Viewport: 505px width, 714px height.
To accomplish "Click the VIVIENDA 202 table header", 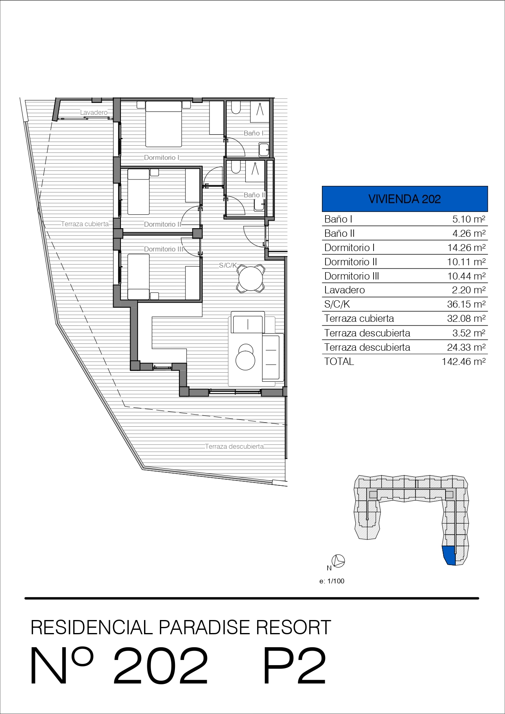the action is (404, 199).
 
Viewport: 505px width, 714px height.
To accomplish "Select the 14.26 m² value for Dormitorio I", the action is (466, 248).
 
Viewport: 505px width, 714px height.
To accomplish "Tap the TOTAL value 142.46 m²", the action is (464, 362).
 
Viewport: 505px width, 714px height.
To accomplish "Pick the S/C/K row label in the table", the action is (337, 304).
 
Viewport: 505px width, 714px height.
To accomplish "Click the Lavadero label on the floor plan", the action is (94, 113).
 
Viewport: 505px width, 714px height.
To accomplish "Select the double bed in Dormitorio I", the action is (164, 124).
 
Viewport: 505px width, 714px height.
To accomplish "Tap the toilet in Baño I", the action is (236, 107).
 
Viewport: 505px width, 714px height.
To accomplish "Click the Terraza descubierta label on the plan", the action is (234, 446).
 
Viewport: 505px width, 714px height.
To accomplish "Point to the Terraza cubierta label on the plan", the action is (85, 224).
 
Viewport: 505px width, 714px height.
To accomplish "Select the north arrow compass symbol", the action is (339, 561).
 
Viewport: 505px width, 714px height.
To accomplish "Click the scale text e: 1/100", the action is (332, 581).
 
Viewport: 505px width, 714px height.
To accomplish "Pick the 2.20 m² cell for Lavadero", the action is (469, 290).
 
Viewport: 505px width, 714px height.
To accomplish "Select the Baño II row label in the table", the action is (339, 234).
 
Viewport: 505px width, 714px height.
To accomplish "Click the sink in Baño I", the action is (264, 150).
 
